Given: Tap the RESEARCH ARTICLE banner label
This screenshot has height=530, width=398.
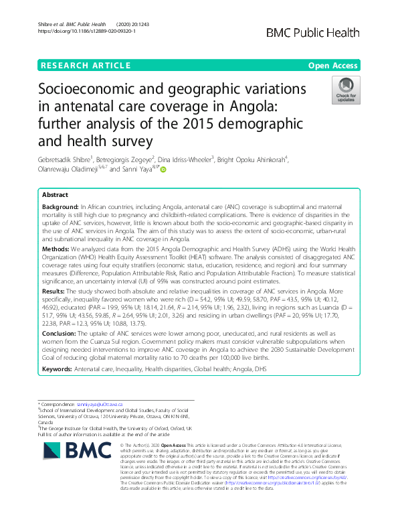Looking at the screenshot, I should pyautogui.click(x=86, y=65).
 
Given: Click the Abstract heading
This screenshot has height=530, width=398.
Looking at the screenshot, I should pyautogui.click(x=55, y=194).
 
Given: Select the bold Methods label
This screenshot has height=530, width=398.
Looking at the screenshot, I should pyautogui.click(x=56, y=247).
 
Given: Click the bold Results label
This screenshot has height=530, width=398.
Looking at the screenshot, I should pyautogui.click(x=55, y=292).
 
